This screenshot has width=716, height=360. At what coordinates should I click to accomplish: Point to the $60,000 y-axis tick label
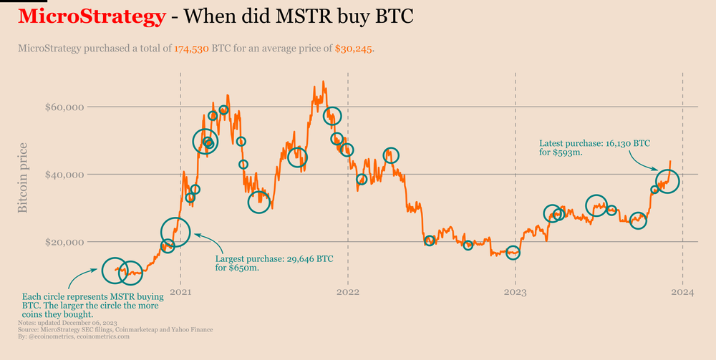[66, 107]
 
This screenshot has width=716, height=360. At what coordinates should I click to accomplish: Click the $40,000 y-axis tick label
[66, 175]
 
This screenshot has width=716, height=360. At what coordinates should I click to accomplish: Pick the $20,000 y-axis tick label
[66, 242]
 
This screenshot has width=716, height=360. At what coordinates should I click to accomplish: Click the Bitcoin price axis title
[22, 177]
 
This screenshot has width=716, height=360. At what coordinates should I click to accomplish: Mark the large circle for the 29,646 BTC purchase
[175, 231]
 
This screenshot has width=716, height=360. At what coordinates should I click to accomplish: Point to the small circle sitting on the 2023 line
[513, 253]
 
